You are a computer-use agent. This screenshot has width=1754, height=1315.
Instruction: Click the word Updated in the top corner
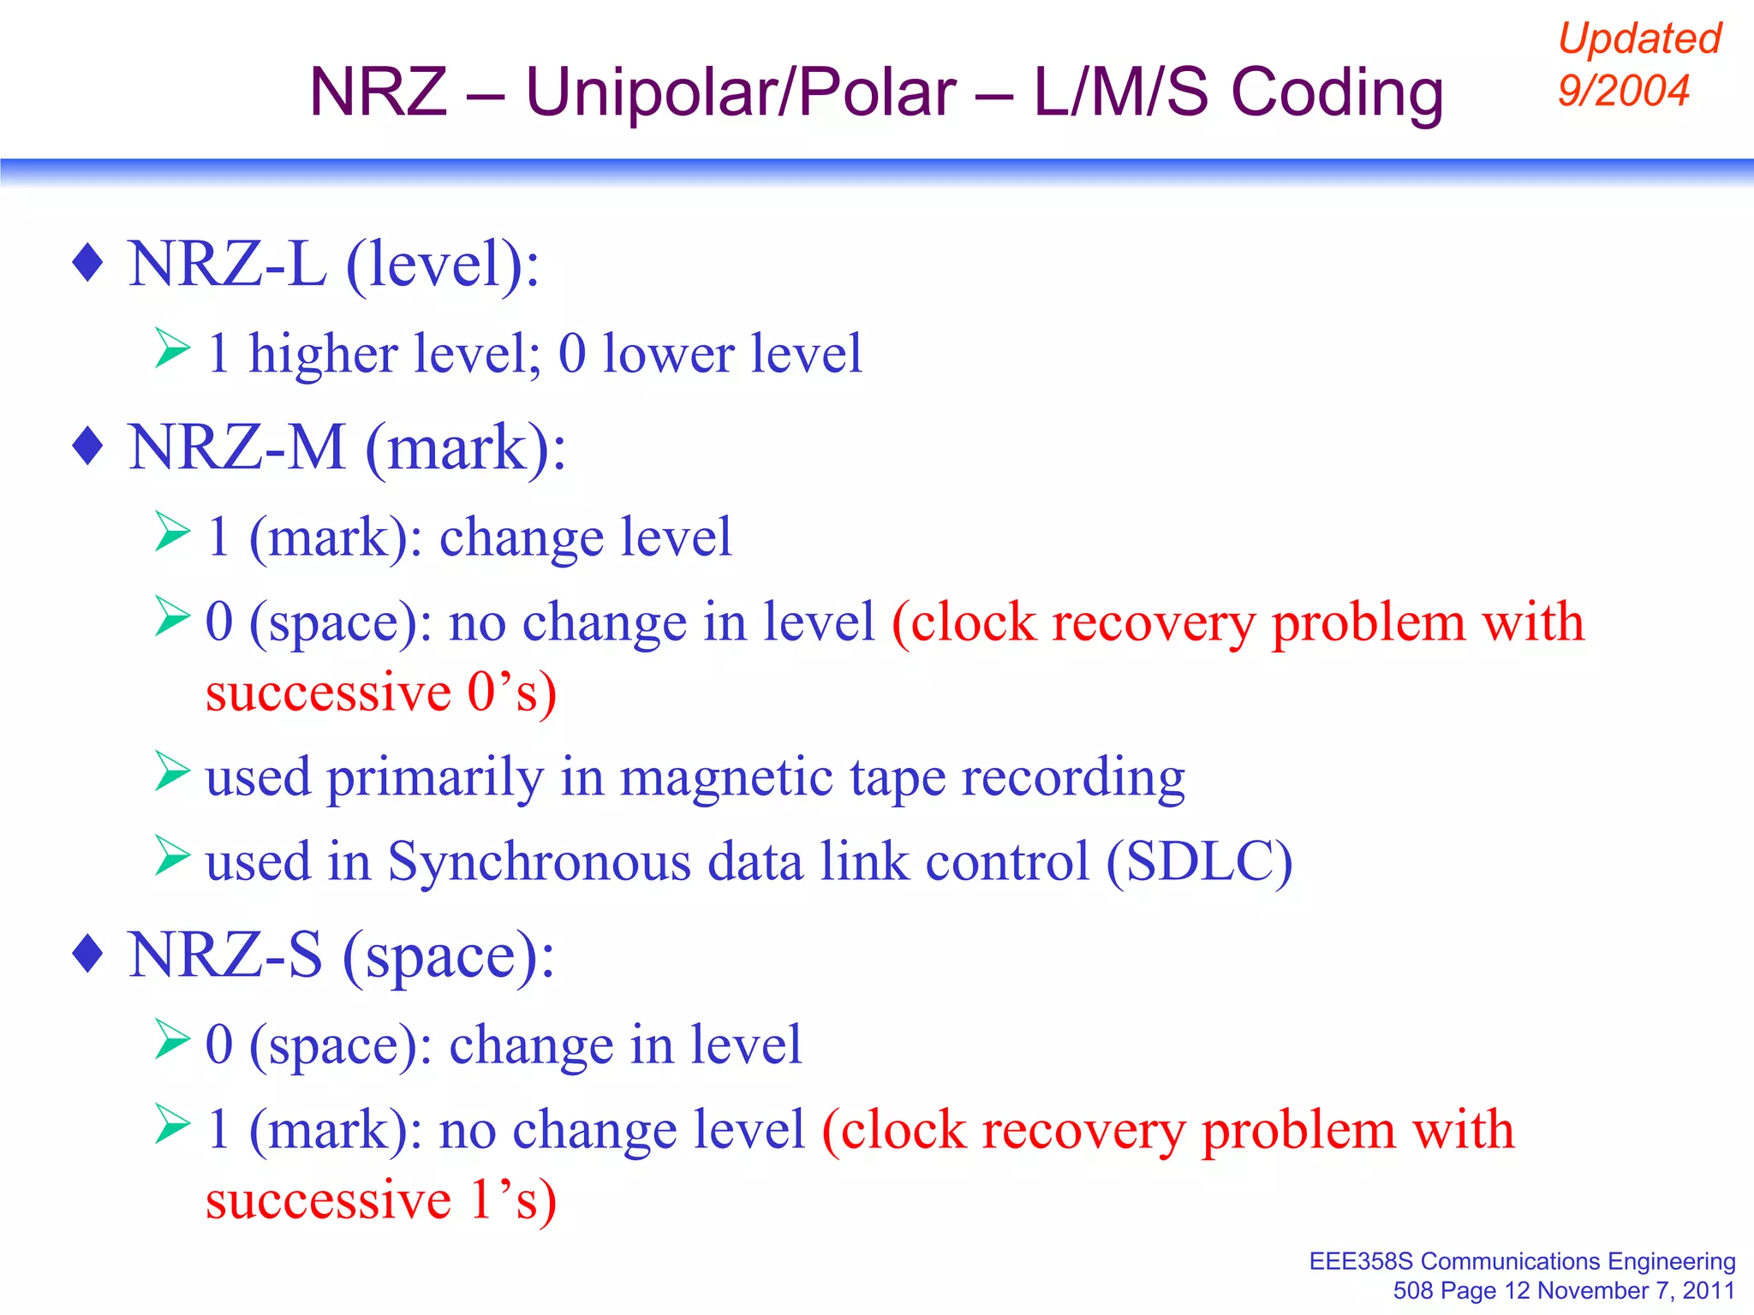coord(1638,39)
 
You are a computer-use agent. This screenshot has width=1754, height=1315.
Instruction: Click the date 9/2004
coord(1623,90)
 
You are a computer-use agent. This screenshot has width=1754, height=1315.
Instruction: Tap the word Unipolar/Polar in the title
coord(741,92)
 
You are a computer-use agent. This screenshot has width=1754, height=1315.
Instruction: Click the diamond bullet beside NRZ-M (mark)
coord(88,446)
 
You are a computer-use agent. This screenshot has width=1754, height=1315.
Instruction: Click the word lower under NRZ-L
coord(668,354)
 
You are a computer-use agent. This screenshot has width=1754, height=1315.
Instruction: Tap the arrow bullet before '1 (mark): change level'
coord(172,532)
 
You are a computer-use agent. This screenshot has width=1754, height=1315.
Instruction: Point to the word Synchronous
coord(539,861)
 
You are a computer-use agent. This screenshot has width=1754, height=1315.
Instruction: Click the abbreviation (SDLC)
coord(1199,861)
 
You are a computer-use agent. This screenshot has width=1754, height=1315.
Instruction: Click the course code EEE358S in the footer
coord(1361,1262)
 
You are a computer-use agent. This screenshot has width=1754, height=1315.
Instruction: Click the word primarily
coord(435,777)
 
